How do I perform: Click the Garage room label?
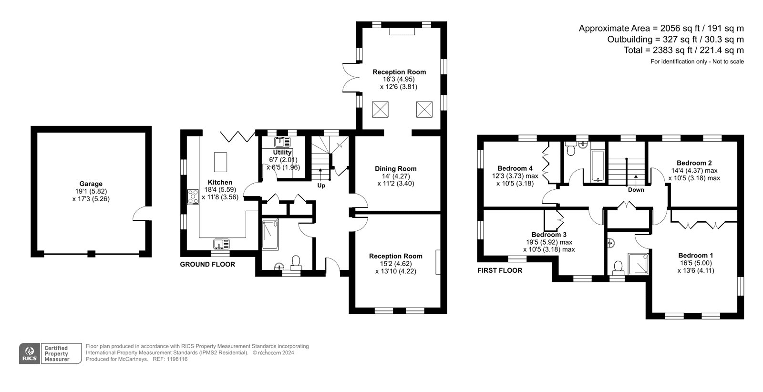91,184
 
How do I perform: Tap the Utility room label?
282,152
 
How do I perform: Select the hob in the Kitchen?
193,197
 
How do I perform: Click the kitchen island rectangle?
220,162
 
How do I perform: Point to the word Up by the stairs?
321,186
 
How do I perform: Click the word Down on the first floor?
636,190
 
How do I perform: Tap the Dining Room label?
395,169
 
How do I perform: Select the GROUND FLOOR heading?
207,264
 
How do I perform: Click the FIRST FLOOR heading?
500,270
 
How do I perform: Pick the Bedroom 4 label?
515,168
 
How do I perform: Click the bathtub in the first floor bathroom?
598,166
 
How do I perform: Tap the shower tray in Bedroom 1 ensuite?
638,264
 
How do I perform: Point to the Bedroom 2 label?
694,163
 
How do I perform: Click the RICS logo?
30,353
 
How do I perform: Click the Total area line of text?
684,50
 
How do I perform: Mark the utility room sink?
282,142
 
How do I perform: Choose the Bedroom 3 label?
549,235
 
